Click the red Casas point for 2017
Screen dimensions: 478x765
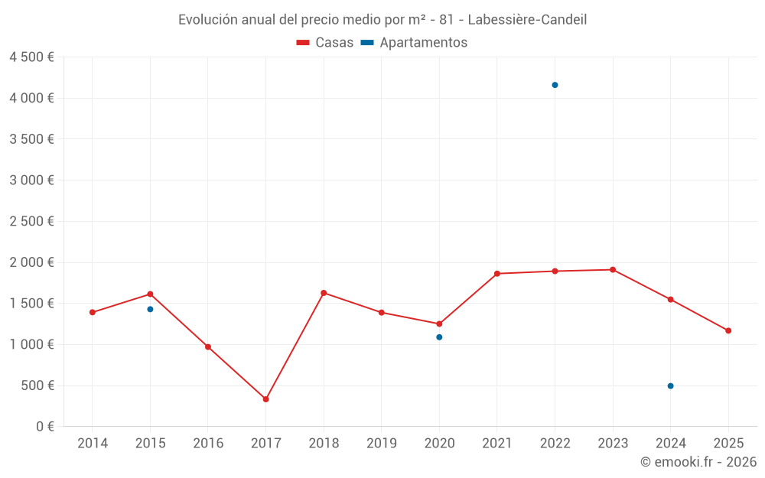[265, 399]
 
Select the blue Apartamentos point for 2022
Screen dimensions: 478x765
[555, 85]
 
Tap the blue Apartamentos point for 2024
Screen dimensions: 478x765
[670, 386]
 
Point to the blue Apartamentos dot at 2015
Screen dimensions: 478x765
[150, 309]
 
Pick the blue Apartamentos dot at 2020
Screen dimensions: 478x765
[439, 337]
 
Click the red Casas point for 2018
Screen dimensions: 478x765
[324, 293]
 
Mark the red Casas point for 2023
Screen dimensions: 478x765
[613, 269]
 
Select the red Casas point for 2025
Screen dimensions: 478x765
[728, 330]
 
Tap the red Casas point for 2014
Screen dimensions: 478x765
[93, 312]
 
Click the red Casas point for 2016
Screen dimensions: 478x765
[208, 347]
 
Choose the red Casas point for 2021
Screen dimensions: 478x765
[497, 274]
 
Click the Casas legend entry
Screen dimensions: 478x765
[325, 43]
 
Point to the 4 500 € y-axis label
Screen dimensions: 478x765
[31, 57]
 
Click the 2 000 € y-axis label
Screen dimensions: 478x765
[31, 262]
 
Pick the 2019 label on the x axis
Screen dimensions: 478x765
[381, 444]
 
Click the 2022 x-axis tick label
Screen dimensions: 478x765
[555, 444]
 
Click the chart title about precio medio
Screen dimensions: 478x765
[382, 20]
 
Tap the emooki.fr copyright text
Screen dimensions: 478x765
[698, 462]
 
